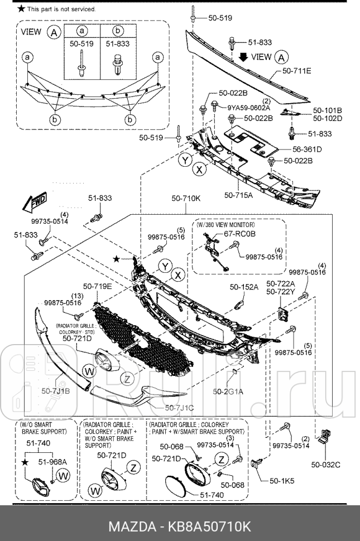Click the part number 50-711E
pos(296,71)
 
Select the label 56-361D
pos(308,149)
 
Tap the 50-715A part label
pos(238,195)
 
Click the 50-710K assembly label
pos(186,198)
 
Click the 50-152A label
pos(244,287)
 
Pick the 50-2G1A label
pos(228,391)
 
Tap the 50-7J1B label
pos(55,391)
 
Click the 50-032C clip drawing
pos(325,443)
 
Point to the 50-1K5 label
pos(282,480)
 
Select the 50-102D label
pos(327,118)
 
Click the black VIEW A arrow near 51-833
pos(243,57)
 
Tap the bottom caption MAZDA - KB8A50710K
pos(180,526)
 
